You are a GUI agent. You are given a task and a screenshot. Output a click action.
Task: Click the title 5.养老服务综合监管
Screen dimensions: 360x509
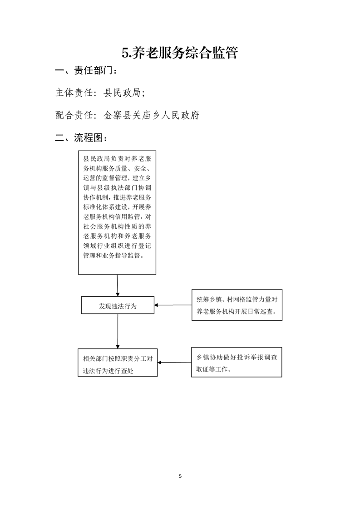(180, 53)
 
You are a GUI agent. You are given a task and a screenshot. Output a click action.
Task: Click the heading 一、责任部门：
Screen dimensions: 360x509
(86, 70)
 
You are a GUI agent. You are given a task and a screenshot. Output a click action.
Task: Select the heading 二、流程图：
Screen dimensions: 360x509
(81, 137)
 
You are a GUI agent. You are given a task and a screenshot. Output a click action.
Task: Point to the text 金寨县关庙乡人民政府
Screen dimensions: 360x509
(151, 115)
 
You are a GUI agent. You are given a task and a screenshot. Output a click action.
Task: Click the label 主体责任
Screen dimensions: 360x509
(74, 93)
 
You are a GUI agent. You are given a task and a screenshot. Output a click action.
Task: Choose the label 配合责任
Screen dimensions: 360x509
(74, 115)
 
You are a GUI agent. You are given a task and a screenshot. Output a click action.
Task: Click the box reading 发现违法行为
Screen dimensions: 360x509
(118, 305)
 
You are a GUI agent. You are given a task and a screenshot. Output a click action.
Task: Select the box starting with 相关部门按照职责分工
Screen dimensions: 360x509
(118, 362)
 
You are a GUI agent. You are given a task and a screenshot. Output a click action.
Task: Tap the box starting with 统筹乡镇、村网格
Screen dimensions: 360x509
(237, 305)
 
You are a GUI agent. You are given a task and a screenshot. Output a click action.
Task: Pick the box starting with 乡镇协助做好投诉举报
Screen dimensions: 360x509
(237, 362)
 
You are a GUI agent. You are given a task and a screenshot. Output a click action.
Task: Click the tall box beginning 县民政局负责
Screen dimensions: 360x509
(117, 213)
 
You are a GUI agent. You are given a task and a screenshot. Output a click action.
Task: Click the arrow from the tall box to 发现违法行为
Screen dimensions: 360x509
(118, 285)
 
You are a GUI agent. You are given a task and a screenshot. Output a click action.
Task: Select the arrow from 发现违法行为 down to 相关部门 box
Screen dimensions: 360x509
(118, 332)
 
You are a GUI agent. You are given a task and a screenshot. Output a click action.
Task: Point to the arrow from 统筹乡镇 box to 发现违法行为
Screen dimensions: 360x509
(173, 305)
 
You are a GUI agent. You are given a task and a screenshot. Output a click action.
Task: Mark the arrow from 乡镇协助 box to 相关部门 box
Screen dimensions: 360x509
(174, 362)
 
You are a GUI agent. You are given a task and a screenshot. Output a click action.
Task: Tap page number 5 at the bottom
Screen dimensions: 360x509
(180, 476)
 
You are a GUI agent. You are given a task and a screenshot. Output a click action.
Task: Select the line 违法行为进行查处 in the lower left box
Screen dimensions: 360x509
(108, 371)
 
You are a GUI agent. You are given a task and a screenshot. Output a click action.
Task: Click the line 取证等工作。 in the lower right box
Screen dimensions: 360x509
(213, 369)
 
